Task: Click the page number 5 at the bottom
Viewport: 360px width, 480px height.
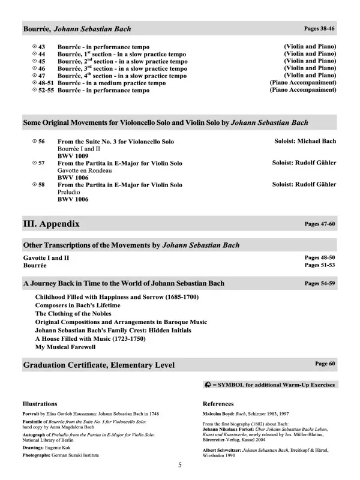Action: (x=180, y=465)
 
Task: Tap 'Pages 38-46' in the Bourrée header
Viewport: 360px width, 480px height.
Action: (x=320, y=28)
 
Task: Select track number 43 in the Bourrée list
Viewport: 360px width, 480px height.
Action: (x=42, y=47)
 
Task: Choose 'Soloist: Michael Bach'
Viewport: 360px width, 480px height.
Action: (x=304, y=141)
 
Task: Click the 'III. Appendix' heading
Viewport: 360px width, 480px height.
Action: (x=51, y=224)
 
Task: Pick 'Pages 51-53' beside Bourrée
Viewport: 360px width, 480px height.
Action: (x=320, y=265)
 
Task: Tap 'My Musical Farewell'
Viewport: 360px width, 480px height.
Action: (x=65, y=347)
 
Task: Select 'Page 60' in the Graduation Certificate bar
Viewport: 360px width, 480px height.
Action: (x=325, y=364)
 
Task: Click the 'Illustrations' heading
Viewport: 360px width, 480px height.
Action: (x=40, y=404)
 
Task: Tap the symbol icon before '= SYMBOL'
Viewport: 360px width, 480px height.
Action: (x=208, y=385)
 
